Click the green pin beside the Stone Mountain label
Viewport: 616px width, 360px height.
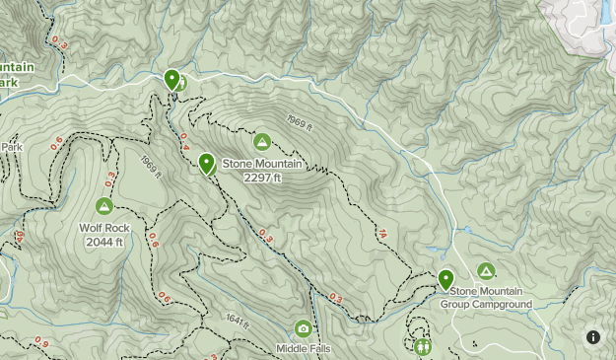coord(206,163)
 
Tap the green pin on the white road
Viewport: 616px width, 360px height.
coord(171,79)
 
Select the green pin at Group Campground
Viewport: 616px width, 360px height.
coord(445,279)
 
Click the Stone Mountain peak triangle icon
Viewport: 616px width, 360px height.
coord(262,141)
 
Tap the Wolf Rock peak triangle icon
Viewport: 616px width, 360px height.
coord(103,205)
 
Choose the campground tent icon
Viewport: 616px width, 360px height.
coord(485,270)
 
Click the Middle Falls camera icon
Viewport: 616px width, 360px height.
coord(303,328)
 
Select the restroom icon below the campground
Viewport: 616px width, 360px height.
coord(423,346)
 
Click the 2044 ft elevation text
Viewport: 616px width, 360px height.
coord(103,241)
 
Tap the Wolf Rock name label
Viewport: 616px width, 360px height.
coord(103,228)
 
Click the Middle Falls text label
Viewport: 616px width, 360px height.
coord(303,349)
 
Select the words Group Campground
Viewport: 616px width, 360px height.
coord(491,304)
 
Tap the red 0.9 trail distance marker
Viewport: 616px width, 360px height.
coord(40,342)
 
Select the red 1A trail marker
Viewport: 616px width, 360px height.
coord(381,234)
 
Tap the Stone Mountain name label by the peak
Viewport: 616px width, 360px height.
coord(262,164)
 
